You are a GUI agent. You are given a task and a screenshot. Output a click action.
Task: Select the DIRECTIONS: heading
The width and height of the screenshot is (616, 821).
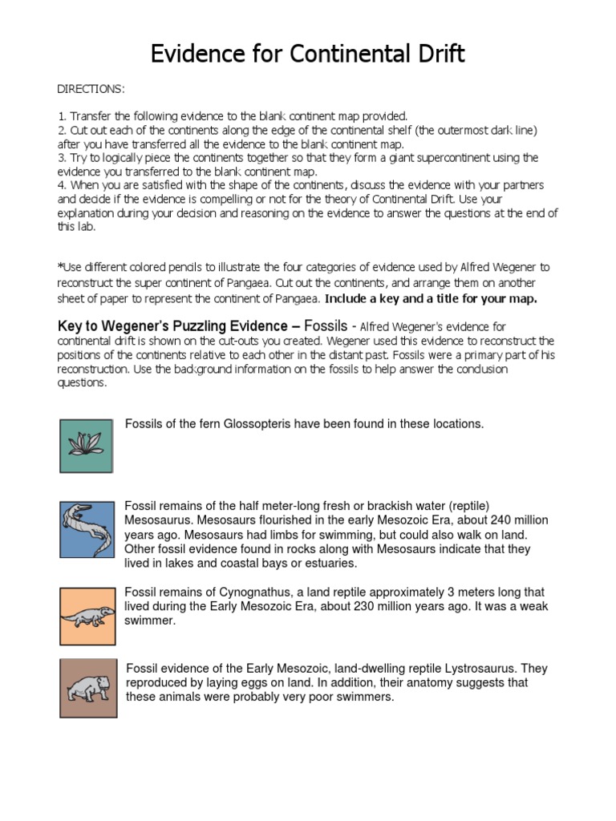point(91,88)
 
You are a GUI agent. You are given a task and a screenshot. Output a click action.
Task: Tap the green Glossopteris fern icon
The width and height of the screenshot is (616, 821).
point(86,446)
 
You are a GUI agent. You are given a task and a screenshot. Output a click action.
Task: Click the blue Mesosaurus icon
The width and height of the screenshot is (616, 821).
point(87,529)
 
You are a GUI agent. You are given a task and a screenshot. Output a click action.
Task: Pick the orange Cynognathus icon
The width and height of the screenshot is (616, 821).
point(87,616)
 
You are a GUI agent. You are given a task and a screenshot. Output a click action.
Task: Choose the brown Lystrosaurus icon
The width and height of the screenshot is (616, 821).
point(87,688)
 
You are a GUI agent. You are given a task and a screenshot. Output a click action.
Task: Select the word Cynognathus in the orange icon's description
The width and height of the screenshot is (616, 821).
point(279,592)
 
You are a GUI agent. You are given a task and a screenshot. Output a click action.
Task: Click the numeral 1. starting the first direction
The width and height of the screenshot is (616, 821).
point(62,116)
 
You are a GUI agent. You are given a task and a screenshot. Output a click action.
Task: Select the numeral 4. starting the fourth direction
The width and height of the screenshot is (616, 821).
point(62,185)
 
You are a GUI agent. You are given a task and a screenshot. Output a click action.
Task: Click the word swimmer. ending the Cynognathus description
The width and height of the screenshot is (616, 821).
point(149,621)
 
